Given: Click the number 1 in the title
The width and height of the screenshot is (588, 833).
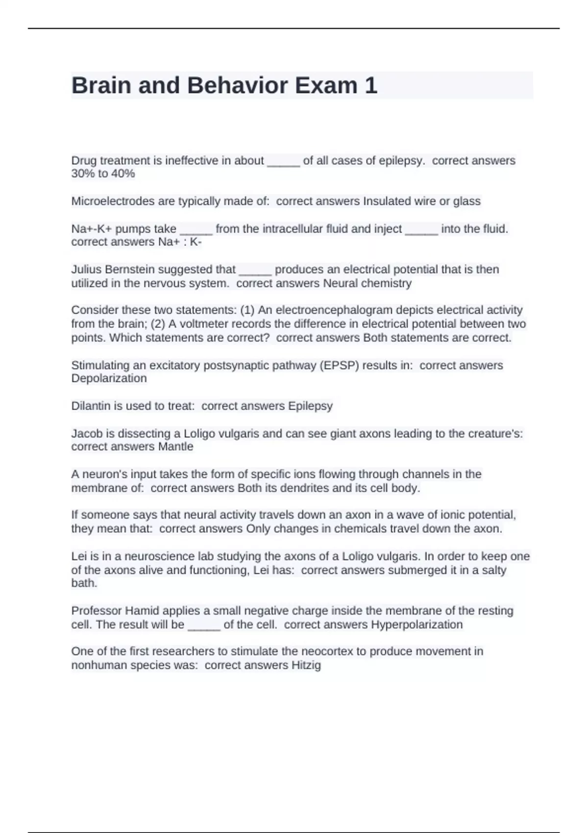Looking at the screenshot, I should click(x=371, y=85).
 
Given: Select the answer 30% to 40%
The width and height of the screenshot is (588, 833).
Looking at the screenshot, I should click(x=103, y=173).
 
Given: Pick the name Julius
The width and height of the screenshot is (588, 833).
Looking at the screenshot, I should click(x=86, y=269).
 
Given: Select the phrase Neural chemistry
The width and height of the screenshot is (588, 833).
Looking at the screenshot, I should click(x=367, y=283).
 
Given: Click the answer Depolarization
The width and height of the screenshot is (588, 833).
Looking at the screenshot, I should click(x=109, y=378).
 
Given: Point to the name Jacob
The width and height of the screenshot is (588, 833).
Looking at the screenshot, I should click(x=86, y=434).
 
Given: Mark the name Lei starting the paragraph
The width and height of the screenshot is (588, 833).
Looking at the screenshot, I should click(x=79, y=556).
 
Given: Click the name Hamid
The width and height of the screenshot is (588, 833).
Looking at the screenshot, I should click(x=142, y=611).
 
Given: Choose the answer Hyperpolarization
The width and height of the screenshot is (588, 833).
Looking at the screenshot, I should click(x=416, y=624).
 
